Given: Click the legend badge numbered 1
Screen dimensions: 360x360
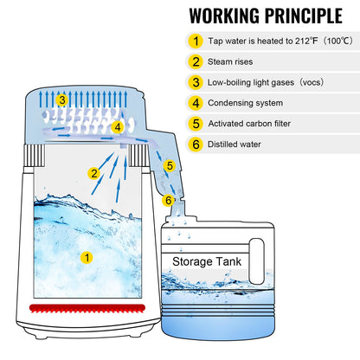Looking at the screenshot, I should [x=196, y=41].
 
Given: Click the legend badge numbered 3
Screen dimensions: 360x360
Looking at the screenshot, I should [x=196, y=82].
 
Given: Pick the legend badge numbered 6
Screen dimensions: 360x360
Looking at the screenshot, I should [x=196, y=145].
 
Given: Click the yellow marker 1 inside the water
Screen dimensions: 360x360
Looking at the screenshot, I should [x=86, y=257].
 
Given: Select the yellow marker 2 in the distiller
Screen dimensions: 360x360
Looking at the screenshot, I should [x=93, y=173].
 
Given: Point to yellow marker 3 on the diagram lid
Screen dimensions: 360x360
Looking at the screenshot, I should [x=61, y=100].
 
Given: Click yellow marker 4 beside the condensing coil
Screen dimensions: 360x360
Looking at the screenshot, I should [x=118, y=127].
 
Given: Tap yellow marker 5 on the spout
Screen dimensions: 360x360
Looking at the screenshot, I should [x=170, y=165].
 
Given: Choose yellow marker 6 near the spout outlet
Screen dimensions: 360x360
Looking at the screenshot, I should [x=169, y=201].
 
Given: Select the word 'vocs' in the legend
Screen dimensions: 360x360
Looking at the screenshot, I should [x=329, y=82].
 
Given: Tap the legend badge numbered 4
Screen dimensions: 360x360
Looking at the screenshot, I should [x=196, y=103].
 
